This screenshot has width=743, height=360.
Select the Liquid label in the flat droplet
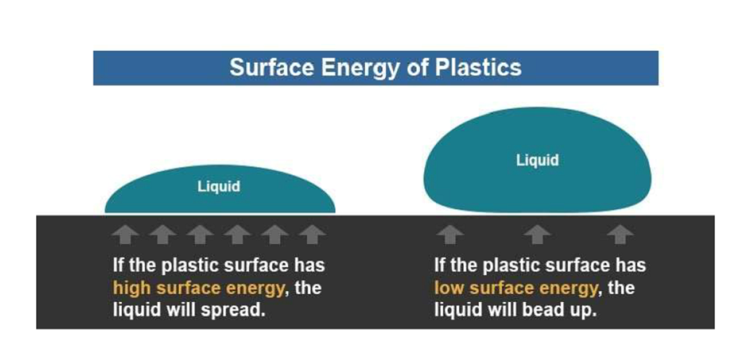(219, 187)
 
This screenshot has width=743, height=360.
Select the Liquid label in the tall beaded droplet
(538, 160)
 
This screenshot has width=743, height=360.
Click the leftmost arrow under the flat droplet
(125, 234)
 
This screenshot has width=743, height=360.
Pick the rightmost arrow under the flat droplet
(312, 234)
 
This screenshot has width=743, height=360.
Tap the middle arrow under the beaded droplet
(537, 234)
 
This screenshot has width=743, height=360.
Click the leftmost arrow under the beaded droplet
(450, 234)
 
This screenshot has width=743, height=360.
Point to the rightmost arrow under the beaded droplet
(620, 234)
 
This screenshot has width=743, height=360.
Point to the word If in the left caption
(118, 265)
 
